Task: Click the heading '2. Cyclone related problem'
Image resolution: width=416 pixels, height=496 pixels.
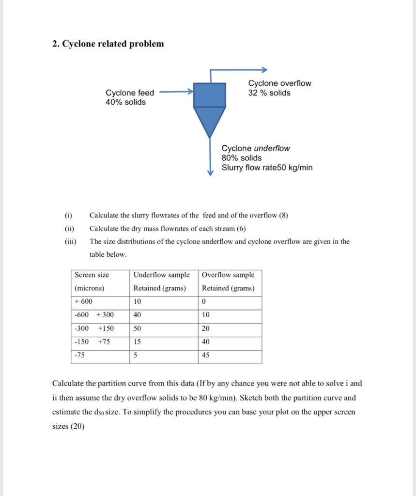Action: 108,44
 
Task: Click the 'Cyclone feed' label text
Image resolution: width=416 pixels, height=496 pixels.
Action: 130,93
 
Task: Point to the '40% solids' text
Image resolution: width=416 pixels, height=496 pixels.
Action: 125,102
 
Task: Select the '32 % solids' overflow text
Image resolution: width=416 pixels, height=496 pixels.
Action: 269,93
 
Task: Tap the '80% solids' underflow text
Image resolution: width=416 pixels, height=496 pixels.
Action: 241,158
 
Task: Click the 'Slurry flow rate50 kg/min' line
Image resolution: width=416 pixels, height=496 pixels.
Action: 267,168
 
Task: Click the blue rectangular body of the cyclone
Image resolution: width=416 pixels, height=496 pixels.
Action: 210,95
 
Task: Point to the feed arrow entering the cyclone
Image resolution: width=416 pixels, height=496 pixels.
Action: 176,91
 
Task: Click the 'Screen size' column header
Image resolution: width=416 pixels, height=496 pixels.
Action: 92,275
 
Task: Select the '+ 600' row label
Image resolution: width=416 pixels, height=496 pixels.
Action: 84,301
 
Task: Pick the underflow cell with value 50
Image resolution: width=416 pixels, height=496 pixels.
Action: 138,328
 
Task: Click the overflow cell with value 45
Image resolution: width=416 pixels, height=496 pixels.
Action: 206,355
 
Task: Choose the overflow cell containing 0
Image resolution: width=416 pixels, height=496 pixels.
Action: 204,301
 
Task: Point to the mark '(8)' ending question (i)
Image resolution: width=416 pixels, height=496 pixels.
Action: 283,216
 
